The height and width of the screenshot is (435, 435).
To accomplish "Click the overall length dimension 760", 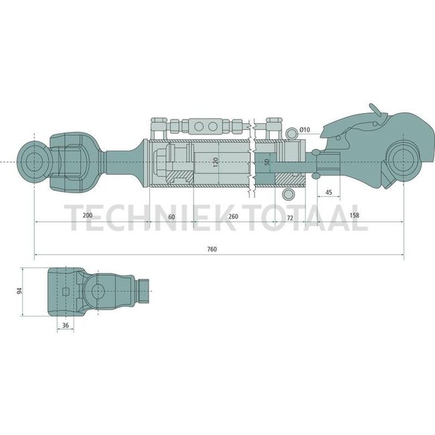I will (x=212, y=249).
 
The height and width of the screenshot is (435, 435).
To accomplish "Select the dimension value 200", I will (x=87, y=217).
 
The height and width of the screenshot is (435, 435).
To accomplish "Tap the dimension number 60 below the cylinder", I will (x=171, y=217).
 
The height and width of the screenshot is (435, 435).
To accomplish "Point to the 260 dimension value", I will (x=233, y=217).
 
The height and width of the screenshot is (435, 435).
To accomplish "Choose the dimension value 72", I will (x=290, y=217).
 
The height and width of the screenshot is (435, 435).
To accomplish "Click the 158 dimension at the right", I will (x=355, y=217).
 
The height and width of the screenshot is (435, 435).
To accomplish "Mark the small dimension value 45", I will (x=329, y=193).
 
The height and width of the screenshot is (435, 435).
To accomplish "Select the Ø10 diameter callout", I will (x=304, y=129).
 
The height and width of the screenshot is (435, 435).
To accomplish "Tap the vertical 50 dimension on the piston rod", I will (x=267, y=163).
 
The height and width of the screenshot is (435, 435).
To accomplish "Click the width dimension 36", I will (x=65, y=326).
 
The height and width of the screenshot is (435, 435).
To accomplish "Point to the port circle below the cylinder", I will (x=288, y=194).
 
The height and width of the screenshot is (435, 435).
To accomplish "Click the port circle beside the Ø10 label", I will (x=288, y=130).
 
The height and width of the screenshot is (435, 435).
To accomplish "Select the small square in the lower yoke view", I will (x=65, y=292).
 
